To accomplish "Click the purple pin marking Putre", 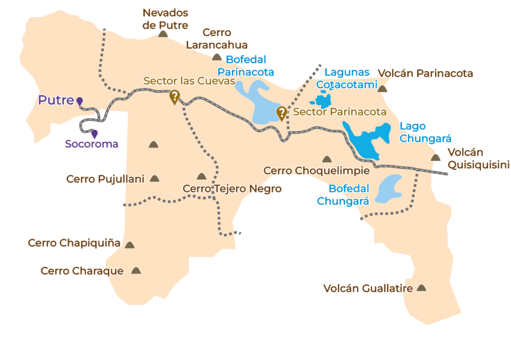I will pos(79,101).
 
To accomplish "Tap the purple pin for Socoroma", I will pos(94,134).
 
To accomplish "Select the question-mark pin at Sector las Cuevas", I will pos(174,96).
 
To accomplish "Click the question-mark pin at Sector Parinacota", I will pos(281,113).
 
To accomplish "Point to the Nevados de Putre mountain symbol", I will pos(162,34).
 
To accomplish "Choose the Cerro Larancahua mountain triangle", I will pos(217,57).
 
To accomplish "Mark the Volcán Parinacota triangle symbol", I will pos(382,89).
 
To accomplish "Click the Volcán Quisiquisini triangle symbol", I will pos(435,158).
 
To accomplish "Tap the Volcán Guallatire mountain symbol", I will pos(422,288).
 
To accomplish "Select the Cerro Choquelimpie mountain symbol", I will pos(327,159).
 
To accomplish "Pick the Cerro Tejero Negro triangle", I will pos(201,176).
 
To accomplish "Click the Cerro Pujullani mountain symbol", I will pos(155,178).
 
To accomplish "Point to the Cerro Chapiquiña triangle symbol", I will pos(130,245).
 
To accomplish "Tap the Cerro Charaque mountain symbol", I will pos(136,271).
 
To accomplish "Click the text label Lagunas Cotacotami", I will pos(347,78).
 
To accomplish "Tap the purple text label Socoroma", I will pos(92,144).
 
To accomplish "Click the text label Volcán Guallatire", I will pos(368,289).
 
